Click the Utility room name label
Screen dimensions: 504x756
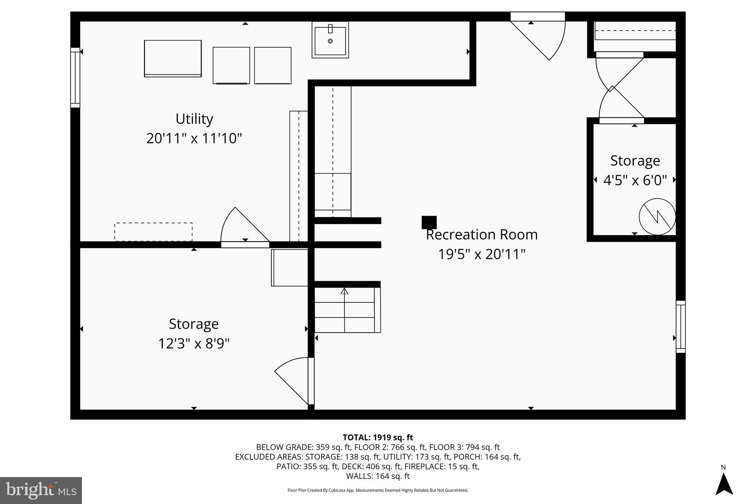[x=194, y=119]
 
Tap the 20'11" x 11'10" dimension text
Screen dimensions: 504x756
[x=194, y=139]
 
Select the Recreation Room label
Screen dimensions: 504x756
[x=481, y=235]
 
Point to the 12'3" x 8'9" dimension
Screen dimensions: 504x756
[x=194, y=344]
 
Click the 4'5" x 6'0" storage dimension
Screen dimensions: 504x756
[x=635, y=180]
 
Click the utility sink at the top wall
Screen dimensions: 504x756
[x=330, y=40]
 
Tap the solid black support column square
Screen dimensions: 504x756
[x=429, y=223]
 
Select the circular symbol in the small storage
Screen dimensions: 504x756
[x=657, y=217]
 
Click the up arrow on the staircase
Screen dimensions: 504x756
[x=344, y=291]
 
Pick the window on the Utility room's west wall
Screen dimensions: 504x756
[x=75, y=78]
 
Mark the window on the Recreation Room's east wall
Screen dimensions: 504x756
[x=680, y=327]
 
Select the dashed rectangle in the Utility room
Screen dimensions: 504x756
[x=153, y=232]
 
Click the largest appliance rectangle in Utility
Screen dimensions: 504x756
[x=173, y=58]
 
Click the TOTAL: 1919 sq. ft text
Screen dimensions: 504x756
[x=378, y=438]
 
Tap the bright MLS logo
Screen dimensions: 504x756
[x=41, y=490]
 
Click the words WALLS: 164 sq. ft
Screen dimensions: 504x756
[x=378, y=476]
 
